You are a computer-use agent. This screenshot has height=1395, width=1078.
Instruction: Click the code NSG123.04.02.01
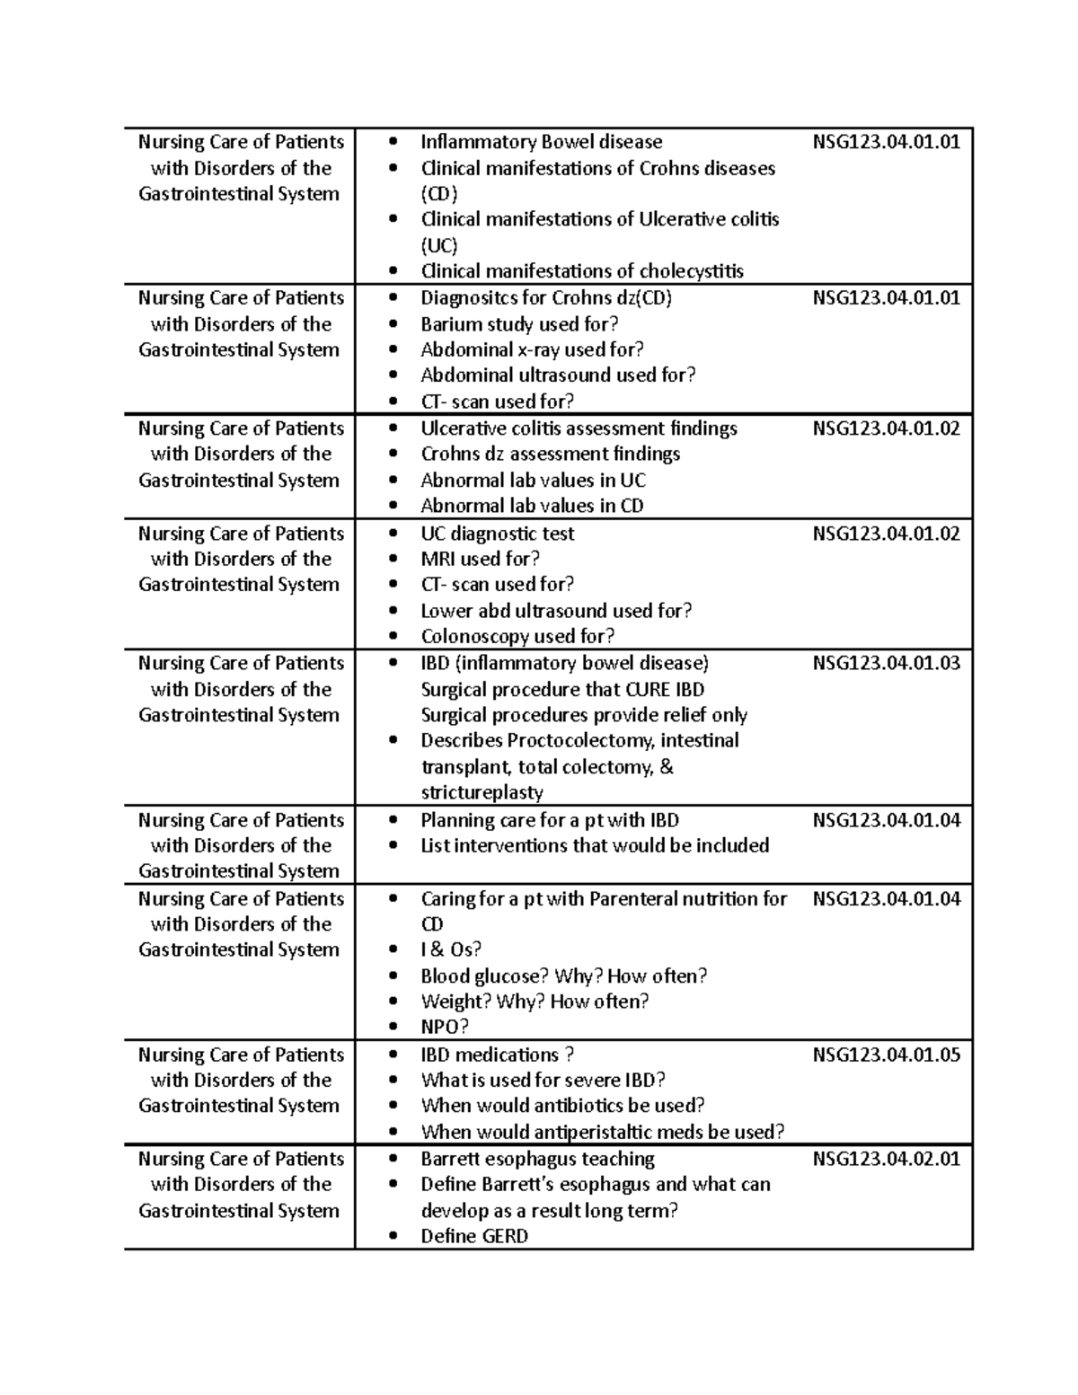pyautogui.click(x=886, y=1159)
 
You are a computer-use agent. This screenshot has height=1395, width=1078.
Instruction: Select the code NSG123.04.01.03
pyautogui.click(x=886, y=663)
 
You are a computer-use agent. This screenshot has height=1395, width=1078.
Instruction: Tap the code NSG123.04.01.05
pyautogui.click(x=886, y=1055)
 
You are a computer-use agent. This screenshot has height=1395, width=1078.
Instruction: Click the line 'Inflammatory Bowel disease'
pyautogui.click(x=541, y=142)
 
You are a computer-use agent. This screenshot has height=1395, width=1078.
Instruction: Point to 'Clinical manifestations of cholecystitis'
pyautogui.click(x=582, y=271)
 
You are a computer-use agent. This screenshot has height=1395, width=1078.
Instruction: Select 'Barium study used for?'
pyautogui.click(x=519, y=324)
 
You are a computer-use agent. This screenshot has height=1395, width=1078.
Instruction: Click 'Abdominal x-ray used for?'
pyautogui.click(x=532, y=349)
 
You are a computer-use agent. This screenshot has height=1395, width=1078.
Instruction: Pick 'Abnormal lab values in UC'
pyautogui.click(x=533, y=481)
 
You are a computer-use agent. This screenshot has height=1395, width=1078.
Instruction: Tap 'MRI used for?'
pyautogui.click(x=480, y=559)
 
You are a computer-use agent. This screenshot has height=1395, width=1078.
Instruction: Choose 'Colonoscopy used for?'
pyautogui.click(x=517, y=637)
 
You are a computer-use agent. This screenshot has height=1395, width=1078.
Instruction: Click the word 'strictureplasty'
pyautogui.click(x=482, y=792)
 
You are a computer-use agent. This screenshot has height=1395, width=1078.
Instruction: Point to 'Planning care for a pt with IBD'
pyautogui.click(x=550, y=820)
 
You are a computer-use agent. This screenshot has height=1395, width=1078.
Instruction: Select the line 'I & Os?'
pyautogui.click(x=451, y=949)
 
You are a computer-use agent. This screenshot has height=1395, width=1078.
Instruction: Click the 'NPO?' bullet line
pyautogui.click(x=445, y=1027)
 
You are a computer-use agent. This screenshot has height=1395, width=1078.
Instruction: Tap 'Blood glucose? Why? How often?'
pyautogui.click(x=563, y=976)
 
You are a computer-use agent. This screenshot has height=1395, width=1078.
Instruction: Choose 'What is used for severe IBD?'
pyautogui.click(x=543, y=1080)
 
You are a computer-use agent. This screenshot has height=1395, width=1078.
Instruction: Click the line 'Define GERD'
pyautogui.click(x=474, y=1236)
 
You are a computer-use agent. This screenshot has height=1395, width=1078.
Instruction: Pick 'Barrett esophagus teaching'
pyautogui.click(x=537, y=1159)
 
